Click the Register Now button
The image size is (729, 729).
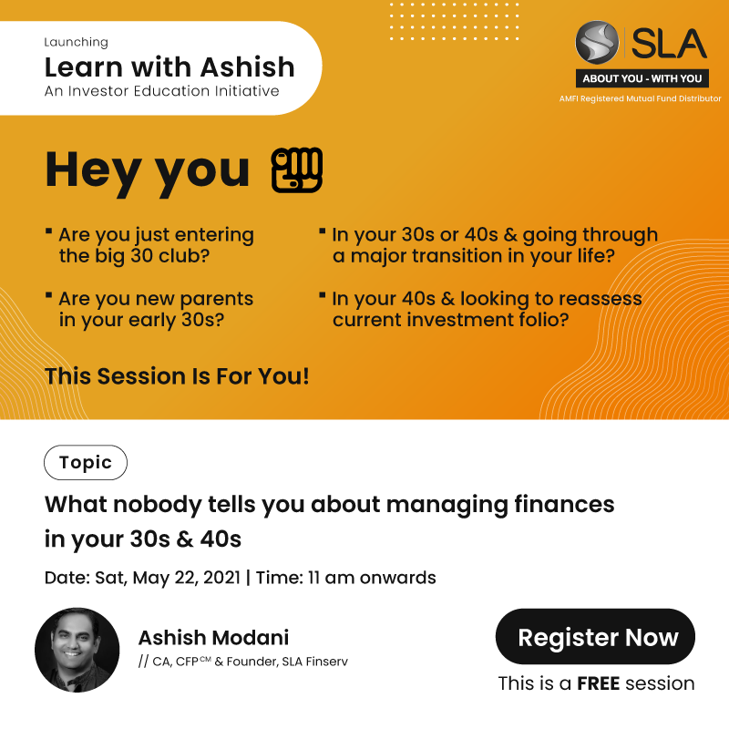(x=595, y=636)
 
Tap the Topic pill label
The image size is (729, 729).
(x=86, y=463)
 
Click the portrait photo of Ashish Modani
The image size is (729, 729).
(x=77, y=650)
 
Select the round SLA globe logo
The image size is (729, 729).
(x=597, y=42)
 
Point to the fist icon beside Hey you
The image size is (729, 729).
(x=297, y=170)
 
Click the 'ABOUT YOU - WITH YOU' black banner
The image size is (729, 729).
(x=642, y=78)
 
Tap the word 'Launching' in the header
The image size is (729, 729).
(x=77, y=42)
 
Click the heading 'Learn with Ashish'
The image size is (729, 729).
(x=169, y=67)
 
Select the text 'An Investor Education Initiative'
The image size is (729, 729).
(x=162, y=90)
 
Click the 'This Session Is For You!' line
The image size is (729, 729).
(x=177, y=376)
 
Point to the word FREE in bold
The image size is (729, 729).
(x=599, y=683)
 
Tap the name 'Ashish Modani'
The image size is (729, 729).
(x=214, y=637)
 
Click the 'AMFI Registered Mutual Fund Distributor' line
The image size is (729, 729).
(x=641, y=98)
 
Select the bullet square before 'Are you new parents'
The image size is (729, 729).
(x=48, y=294)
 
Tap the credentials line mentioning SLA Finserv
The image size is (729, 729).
(x=243, y=662)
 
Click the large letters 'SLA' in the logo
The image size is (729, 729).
(x=669, y=43)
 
